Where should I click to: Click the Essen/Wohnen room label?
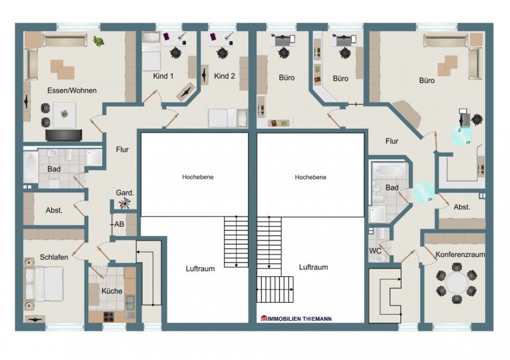(72, 90)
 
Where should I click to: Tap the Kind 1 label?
(163, 76)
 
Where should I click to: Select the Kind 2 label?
(224, 76)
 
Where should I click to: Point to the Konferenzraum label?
(460, 255)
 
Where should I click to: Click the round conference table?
(457, 282)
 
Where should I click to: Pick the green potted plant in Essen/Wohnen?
(98, 41)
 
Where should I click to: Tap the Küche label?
(112, 291)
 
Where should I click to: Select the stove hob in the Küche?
(108, 316)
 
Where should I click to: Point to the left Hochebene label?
(198, 177)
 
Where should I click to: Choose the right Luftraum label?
(313, 267)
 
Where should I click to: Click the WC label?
(375, 251)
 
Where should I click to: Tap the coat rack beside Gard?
(124, 204)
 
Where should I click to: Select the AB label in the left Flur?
(119, 224)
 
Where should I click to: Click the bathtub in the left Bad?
(30, 168)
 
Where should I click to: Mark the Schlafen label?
(54, 257)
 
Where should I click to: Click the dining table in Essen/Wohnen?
(64, 115)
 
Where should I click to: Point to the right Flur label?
(391, 141)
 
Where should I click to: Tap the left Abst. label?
(54, 210)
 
